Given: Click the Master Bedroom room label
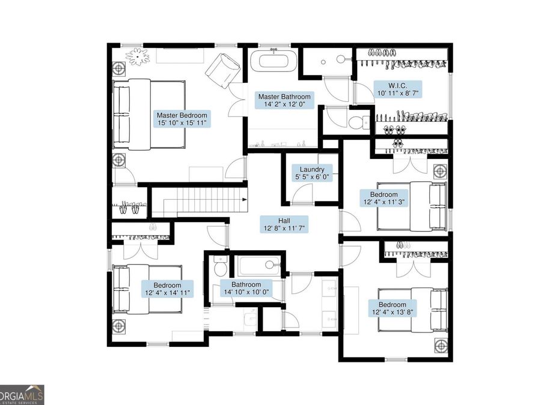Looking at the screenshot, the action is tap(182, 119).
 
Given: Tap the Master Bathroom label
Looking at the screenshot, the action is tap(284, 100).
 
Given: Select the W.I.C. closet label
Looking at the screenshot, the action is tap(397, 89).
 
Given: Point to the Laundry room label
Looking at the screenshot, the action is tap(312, 173).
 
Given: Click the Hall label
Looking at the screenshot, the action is tap(284, 224).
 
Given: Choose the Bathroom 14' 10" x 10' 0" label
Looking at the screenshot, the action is tap(246, 288).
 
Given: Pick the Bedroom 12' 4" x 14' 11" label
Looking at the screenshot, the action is tap(167, 289).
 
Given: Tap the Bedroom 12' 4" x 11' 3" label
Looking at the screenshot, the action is tap(384, 198).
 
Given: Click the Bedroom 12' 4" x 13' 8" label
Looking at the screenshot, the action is tap(393, 308).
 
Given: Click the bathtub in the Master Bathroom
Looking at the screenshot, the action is tap(273, 61).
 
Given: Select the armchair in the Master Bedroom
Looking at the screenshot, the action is tap(222, 71).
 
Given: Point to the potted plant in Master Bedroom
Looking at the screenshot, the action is tap(137, 56).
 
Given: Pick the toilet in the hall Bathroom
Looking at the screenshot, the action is tap(219, 266).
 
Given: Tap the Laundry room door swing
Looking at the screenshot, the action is tap(302, 194).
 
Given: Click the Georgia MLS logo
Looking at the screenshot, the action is tap(22, 395).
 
